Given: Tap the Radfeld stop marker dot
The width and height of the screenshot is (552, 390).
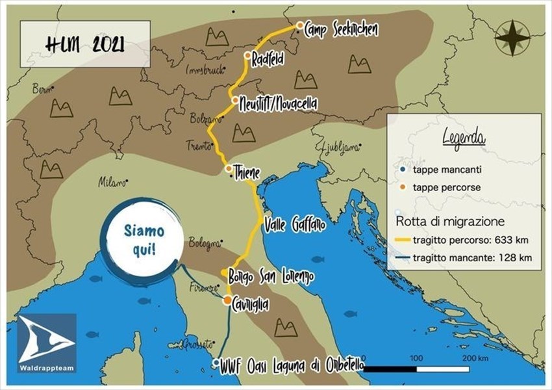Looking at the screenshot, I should coord(247,55).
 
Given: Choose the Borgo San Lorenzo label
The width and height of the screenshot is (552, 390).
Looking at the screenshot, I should coord(271,276).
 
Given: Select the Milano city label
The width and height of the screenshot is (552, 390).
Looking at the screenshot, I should coord(111,183).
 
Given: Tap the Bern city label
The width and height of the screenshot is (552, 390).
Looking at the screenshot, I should coord(41,89).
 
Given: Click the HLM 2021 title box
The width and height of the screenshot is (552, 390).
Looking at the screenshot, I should coord(82,45).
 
